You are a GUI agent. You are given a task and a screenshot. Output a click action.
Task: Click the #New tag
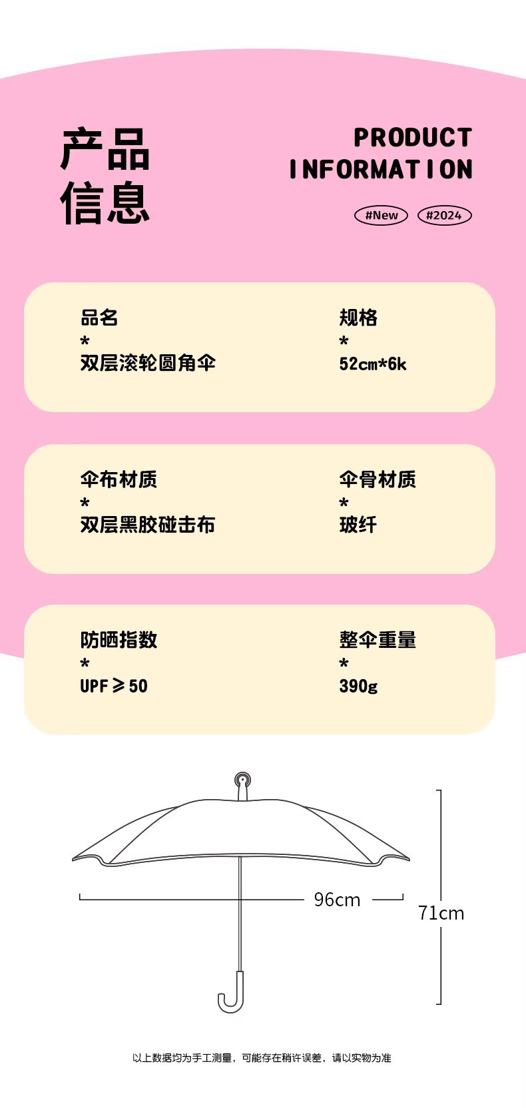(381, 215)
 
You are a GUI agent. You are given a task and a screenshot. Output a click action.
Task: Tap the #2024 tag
(444, 215)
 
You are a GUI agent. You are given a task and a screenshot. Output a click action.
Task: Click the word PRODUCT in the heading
(413, 138)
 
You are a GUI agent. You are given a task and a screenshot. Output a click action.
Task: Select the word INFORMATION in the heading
(381, 170)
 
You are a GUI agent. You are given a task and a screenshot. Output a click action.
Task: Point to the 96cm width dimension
(337, 900)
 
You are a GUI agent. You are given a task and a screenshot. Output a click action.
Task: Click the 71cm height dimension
(441, 913)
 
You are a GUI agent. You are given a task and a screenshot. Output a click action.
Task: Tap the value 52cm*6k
(373, 364)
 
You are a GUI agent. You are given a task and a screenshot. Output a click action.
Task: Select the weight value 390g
(358, 686)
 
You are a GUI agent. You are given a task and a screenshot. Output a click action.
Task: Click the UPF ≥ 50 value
(114, 686)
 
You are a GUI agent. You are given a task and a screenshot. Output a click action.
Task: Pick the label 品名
(99, 318)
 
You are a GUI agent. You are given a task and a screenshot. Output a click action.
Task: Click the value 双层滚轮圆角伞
(148, 363)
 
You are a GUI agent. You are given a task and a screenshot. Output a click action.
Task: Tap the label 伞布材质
(119, 479)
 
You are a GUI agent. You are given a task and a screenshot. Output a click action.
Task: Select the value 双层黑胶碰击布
(148, 525)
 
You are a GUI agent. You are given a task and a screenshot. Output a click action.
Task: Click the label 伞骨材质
(378, 479)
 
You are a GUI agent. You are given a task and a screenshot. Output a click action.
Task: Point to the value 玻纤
(358, 525)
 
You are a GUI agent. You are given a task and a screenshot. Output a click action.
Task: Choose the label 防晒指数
(119, 640)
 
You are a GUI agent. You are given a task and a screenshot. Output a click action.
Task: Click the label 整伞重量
(378, 640)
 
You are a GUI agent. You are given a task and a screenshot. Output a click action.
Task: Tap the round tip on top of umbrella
(242, 780)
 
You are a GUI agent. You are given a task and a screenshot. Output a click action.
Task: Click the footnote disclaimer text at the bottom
(262, 1057)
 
